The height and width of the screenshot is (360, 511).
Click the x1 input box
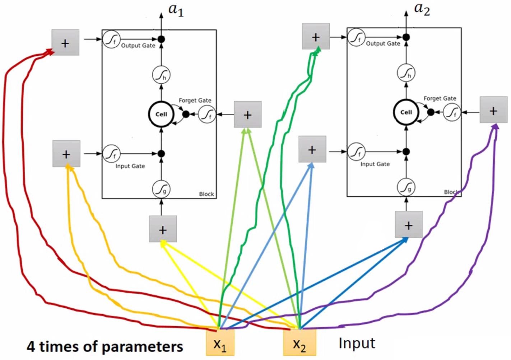220,343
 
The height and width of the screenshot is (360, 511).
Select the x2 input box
299,343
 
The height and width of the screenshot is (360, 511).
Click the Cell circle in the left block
161,114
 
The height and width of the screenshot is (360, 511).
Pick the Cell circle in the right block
406,112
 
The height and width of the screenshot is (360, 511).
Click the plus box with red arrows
65,43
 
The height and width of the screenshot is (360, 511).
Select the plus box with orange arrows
66,154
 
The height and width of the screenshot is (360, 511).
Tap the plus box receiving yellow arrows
163,229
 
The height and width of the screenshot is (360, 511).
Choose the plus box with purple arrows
493,110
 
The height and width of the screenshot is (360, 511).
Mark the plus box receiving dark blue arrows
408,225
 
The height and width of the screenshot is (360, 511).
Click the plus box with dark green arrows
316,37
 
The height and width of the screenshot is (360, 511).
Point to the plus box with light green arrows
247,114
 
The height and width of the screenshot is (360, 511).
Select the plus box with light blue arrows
312,149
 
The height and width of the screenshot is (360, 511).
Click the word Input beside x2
357,343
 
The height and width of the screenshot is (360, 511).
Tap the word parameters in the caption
144,347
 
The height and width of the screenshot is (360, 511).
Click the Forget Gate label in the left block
195,100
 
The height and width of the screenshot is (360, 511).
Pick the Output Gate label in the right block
383,43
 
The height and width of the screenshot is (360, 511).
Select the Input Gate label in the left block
130,166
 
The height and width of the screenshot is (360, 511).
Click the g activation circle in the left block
161,189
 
